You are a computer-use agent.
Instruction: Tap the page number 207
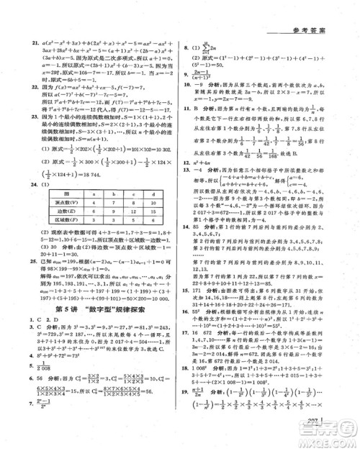(x=315, y=420)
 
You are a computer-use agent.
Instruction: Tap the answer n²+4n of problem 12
(x=206, y=164)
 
